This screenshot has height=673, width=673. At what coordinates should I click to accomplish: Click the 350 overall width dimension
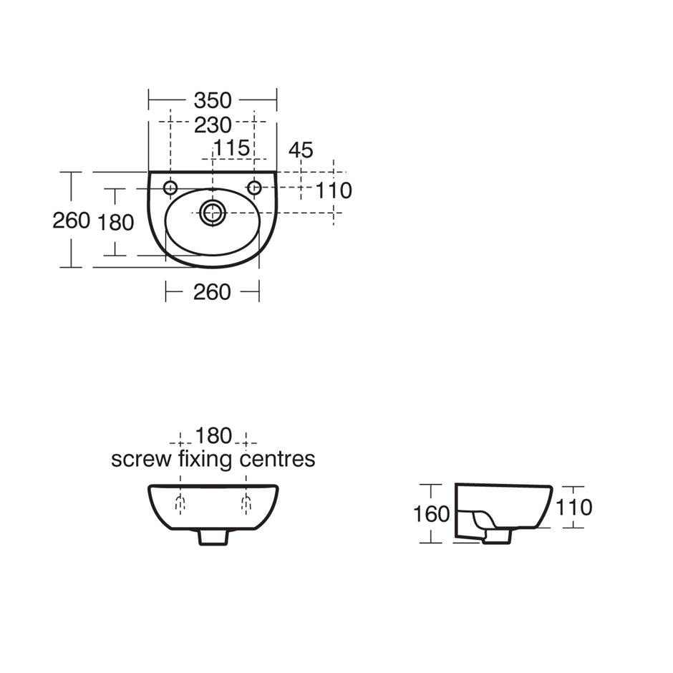213,100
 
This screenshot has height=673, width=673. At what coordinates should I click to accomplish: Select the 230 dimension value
213,125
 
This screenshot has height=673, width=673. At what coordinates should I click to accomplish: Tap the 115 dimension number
231,148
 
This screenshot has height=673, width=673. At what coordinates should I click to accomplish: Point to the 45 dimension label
301,150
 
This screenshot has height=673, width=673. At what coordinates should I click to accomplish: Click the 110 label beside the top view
334,190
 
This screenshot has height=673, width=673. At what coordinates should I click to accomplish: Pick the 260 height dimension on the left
72,221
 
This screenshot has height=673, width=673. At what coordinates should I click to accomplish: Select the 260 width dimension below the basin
212,292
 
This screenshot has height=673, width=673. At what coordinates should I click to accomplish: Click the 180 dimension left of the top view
116,223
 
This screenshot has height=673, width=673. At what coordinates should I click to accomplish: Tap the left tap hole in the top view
170,188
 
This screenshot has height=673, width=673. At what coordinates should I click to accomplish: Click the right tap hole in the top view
254,188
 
